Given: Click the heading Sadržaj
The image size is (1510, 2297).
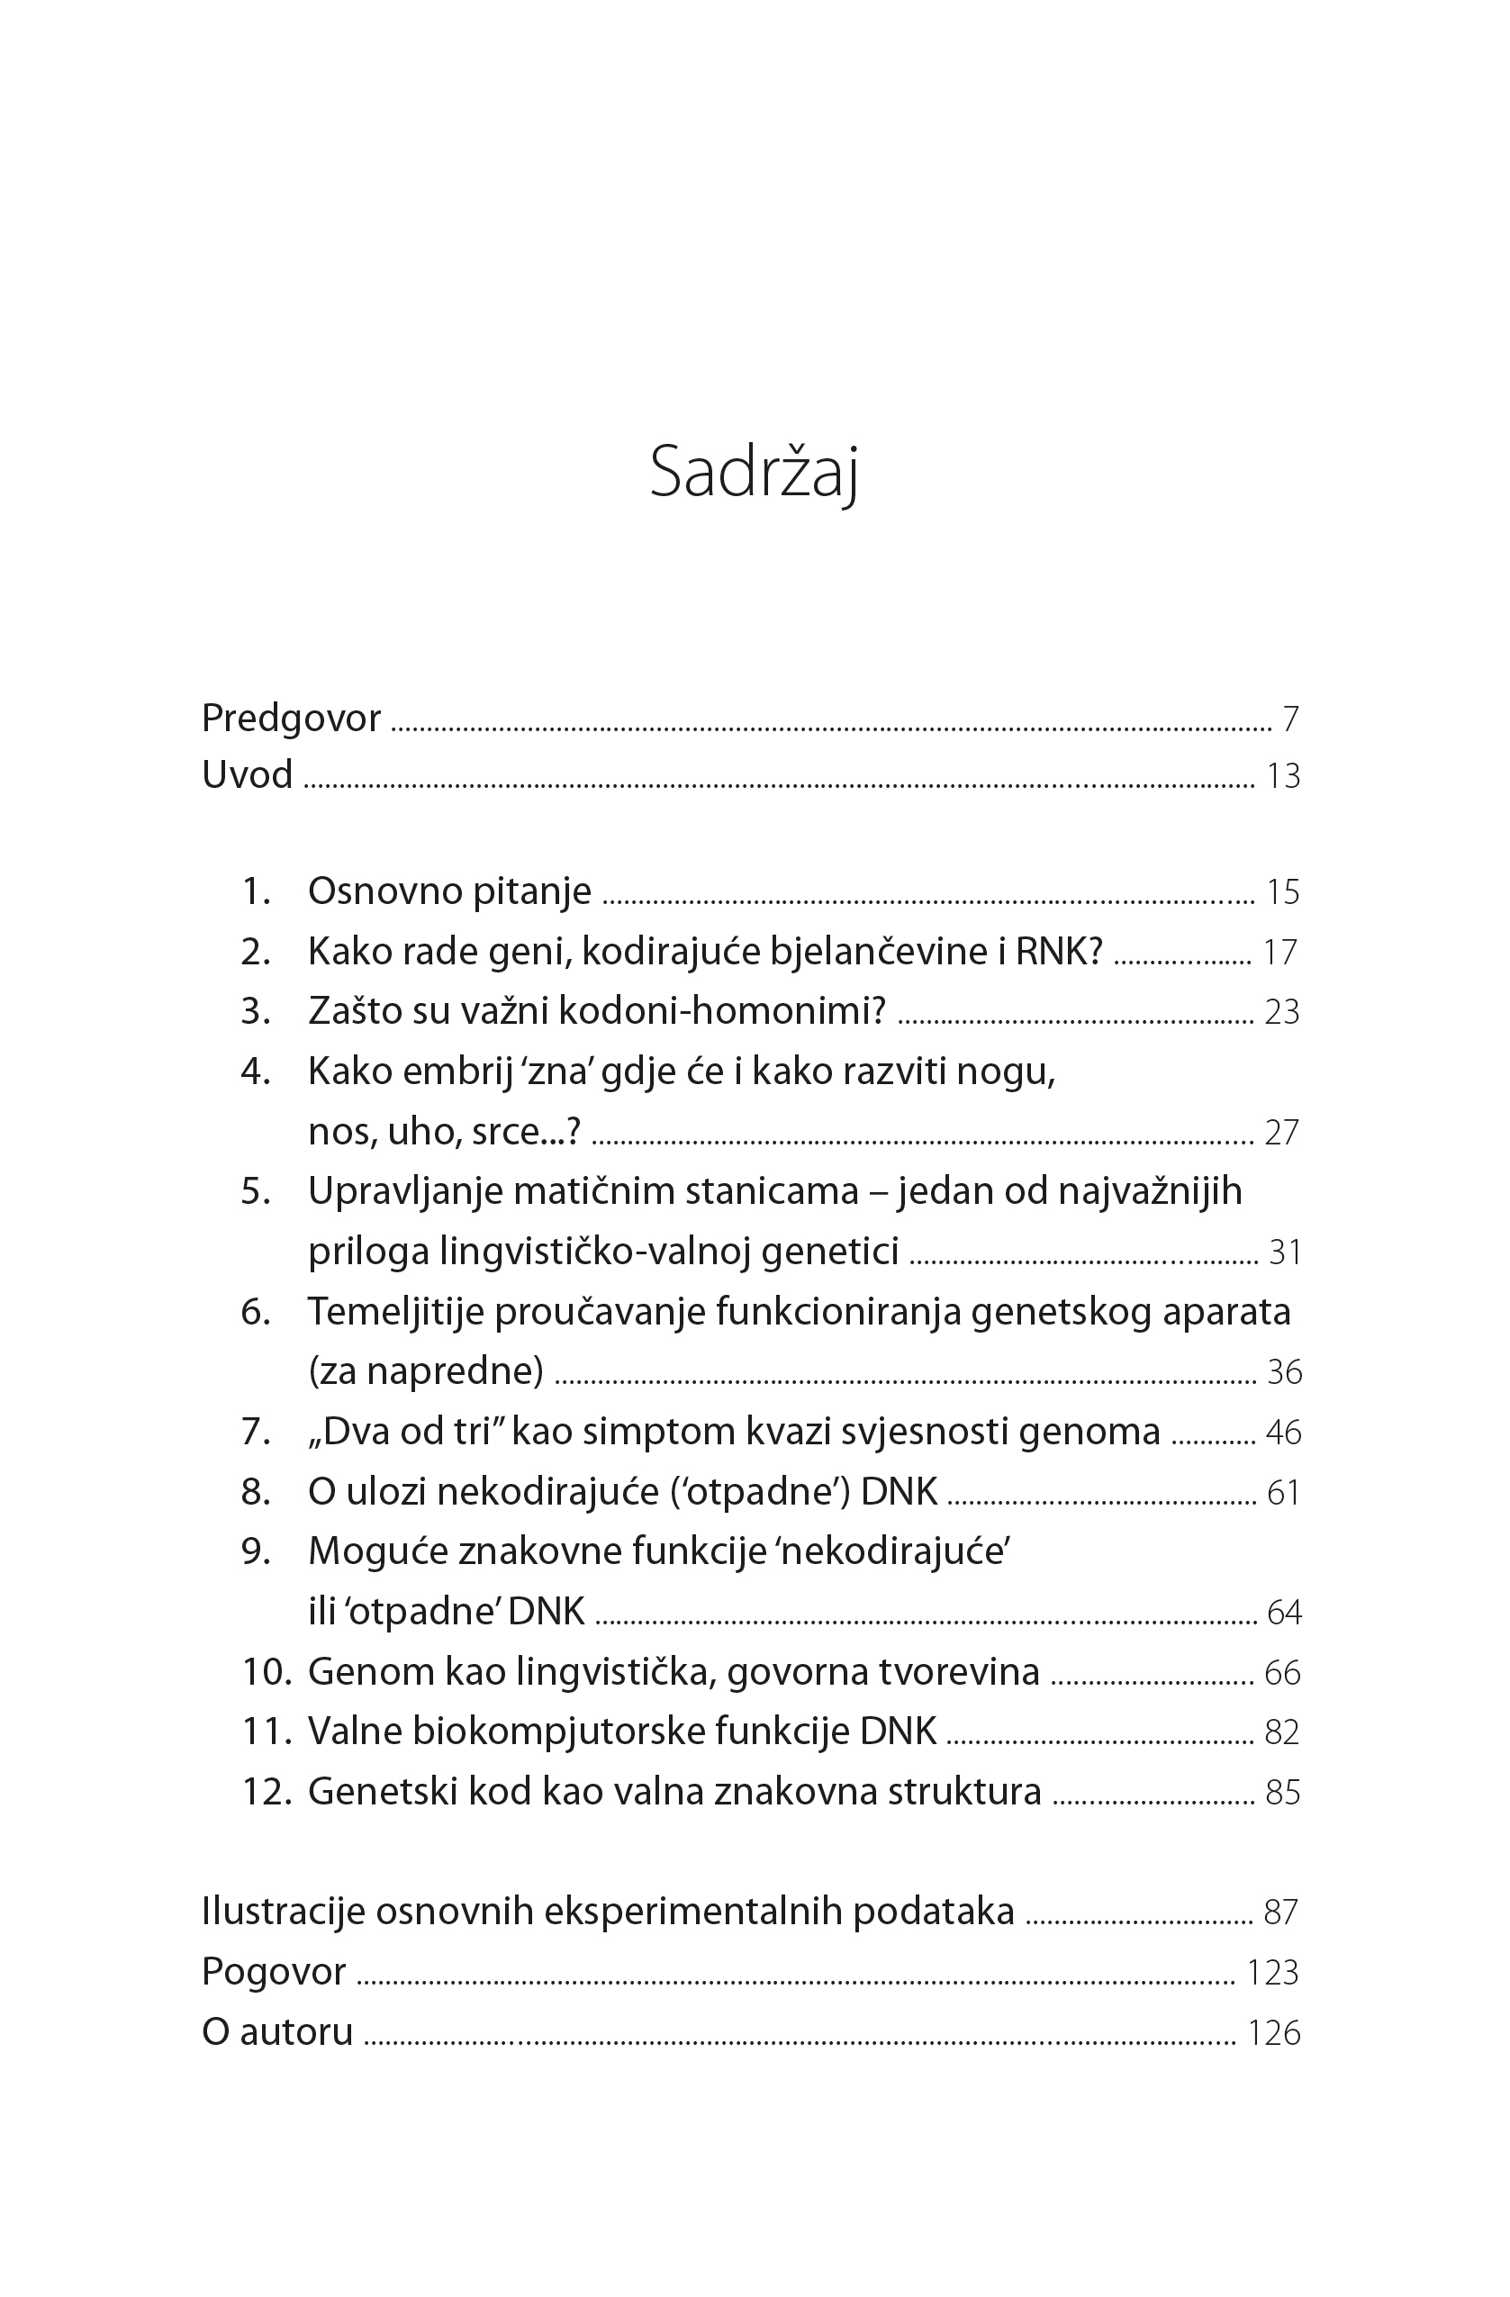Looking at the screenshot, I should pyautogui.click(x=754, y=473).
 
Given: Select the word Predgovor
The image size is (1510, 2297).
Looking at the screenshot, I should pyautogui.click(x=291, y=718).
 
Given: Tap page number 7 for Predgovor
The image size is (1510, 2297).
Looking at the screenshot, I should pyautogui.click(x=1290, y=719).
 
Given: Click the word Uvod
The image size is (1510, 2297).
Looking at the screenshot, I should pyautogui.click(x=247, y=774).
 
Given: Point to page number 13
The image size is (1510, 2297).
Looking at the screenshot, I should pyautogui.click(x=1282, y=776).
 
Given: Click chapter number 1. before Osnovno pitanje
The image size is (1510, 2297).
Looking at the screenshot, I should pyautogui.click(x=256, y=891).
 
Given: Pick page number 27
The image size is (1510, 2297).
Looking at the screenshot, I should pyautogui.click(x=1281, y=1132).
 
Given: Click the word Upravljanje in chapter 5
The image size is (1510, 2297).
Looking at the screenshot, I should pyautogui.click(x=405, y=1192).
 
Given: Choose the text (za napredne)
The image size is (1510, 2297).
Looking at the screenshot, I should pyautogui.click(x=426, y=1370).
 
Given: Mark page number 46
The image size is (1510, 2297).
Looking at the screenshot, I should pyautogui.click(x=1283, y=1433).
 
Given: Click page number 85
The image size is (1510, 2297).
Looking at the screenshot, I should pyautogui.click(x=1282, y=1793).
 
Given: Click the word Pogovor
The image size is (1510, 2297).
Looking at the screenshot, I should pyautogui.click(x=273, y=1972).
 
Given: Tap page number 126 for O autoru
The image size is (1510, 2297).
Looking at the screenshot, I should pyautogui.click(x=1273, y=2033).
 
